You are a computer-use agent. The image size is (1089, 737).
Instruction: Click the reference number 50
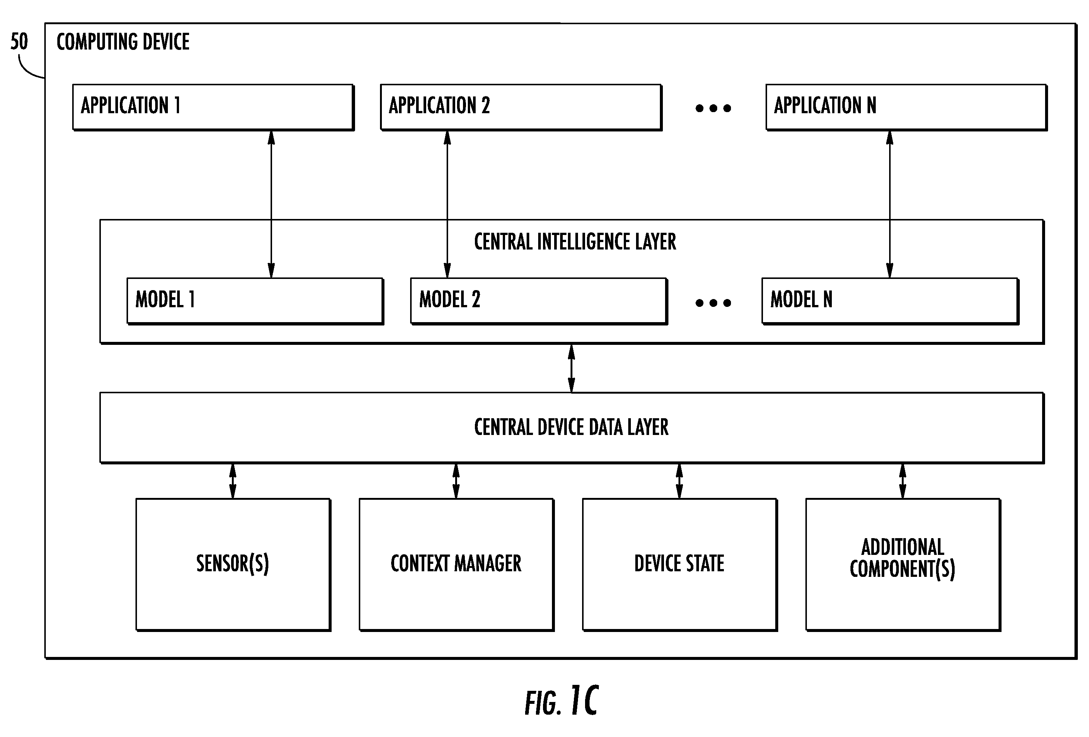[19, 41]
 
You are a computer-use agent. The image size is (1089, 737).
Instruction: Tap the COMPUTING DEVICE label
[123, 42]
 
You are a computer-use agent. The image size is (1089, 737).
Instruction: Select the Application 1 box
[213, 107]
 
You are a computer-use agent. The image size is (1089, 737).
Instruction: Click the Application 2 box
[521, 107]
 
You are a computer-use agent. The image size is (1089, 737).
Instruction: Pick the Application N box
[906, 107]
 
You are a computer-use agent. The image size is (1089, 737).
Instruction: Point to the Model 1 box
[255, 301]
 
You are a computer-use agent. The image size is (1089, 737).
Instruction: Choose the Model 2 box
[539, 301]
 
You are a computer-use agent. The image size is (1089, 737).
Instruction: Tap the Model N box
[890, 301]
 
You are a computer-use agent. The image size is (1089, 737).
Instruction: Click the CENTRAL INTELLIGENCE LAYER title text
[575, 242]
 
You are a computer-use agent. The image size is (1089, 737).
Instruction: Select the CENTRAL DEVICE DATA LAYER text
[571, 427]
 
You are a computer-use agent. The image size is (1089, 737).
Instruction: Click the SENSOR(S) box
[233, 565]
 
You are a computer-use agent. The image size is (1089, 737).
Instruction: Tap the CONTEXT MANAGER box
[456, 565]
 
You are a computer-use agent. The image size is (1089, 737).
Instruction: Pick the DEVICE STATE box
[680, 565]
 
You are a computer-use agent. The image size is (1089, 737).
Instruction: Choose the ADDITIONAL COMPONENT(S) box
[903, 565]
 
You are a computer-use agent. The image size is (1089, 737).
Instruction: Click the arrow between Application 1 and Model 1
[271, 204]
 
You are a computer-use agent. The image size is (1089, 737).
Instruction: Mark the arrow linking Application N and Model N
[890, 204]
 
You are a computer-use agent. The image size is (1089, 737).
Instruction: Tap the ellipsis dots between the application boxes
[713, 108]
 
